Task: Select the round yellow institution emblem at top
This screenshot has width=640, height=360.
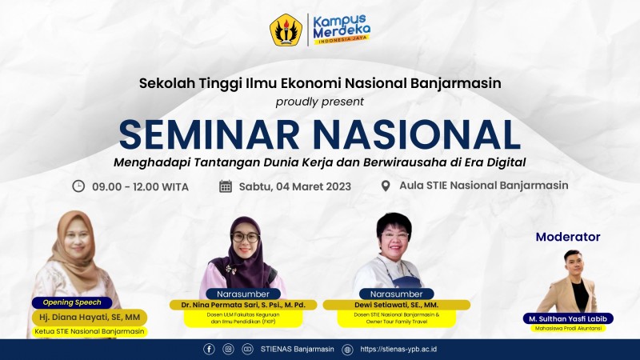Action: point(286,30)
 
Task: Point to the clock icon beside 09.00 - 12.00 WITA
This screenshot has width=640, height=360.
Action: point(78,186)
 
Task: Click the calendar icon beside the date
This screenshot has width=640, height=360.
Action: point(226,186)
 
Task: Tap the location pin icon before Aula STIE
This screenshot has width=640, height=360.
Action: point(385,186)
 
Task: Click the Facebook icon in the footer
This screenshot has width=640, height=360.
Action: point(210,349)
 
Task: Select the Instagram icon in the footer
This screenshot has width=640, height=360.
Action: point(229,349)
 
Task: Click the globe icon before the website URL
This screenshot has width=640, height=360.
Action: point(347,349)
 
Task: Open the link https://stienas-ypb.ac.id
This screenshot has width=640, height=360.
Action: point(398,349)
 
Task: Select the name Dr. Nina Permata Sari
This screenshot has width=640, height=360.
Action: point(243,305)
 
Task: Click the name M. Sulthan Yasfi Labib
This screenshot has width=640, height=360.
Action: point(568,318)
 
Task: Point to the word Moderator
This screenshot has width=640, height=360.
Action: point(568,237)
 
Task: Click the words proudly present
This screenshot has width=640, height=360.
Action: point(319,102)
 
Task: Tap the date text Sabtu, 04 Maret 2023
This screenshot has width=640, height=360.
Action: point(295,186)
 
